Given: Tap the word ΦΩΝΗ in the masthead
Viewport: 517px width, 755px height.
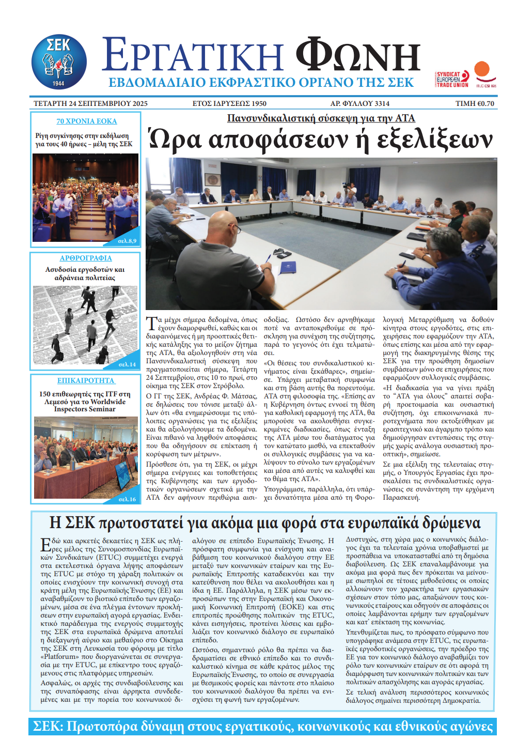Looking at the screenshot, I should pyautogui.click(x=357, y=55).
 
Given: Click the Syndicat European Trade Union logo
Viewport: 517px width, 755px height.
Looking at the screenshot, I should pyautogui.click(x=452, y=79).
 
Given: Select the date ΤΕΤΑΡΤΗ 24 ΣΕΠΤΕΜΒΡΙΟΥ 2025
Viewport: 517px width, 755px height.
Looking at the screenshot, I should pyautogui.click(x=90, y=103).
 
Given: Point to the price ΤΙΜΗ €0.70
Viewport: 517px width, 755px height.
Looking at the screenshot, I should pyautogui.click(x=475, y=103).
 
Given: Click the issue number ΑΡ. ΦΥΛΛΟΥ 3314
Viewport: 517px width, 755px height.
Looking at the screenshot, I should pyautogui.click(x=360, y=103).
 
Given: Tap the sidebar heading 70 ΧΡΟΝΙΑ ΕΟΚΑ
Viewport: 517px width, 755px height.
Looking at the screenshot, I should pyautogui.click(x=87, y=121).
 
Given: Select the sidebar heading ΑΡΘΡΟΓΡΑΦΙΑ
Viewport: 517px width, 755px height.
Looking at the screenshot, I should pyautogui.click(x=86, y=258).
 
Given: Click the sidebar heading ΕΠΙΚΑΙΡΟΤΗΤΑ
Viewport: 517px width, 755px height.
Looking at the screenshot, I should pyautogui.click(x=86, y=380).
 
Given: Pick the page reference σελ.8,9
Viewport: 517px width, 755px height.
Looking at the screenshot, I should pyautogui.click(x=127, y=241).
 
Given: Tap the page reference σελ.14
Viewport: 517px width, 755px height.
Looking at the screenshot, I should pyautogui.click(x=127, y=364).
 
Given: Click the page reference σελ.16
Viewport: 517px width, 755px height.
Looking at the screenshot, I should pyautogui.click(x=127, y=499).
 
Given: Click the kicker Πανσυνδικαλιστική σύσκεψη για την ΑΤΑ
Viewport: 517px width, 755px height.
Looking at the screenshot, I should pyautogui.click(x=321, y=118).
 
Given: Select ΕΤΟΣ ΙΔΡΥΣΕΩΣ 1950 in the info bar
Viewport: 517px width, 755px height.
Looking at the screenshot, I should pyautogui.click(x=229, y=103).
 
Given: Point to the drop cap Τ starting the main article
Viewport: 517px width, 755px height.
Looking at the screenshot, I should pyautogui.click(x=151, y=323).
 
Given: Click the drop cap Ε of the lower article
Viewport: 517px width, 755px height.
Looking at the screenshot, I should pyautogui.click(x=45, y=544).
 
